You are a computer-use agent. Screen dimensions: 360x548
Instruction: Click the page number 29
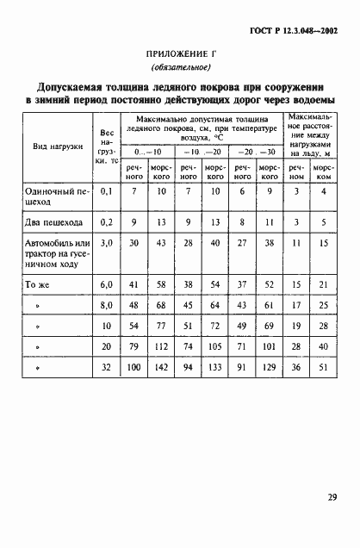click(332, 496)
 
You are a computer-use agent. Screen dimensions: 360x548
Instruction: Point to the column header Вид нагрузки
click(58, 146)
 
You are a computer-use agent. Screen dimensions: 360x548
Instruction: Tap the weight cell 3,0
click(107, 244)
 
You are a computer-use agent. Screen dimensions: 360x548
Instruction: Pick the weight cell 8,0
click(107, 304)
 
